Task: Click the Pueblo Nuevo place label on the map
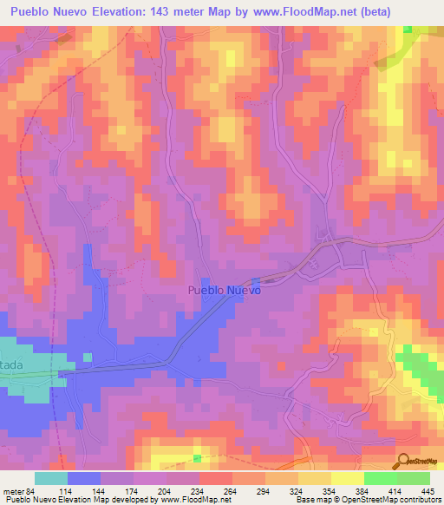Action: click(x=224, y=292)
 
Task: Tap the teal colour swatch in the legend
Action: click(x=51, y=478)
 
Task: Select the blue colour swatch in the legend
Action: click(x=84, y=478)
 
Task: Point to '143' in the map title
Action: click(x=155, y=12)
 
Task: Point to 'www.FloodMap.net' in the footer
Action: click(x=188, y=500)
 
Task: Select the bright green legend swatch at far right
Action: click(x=413, y=478)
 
